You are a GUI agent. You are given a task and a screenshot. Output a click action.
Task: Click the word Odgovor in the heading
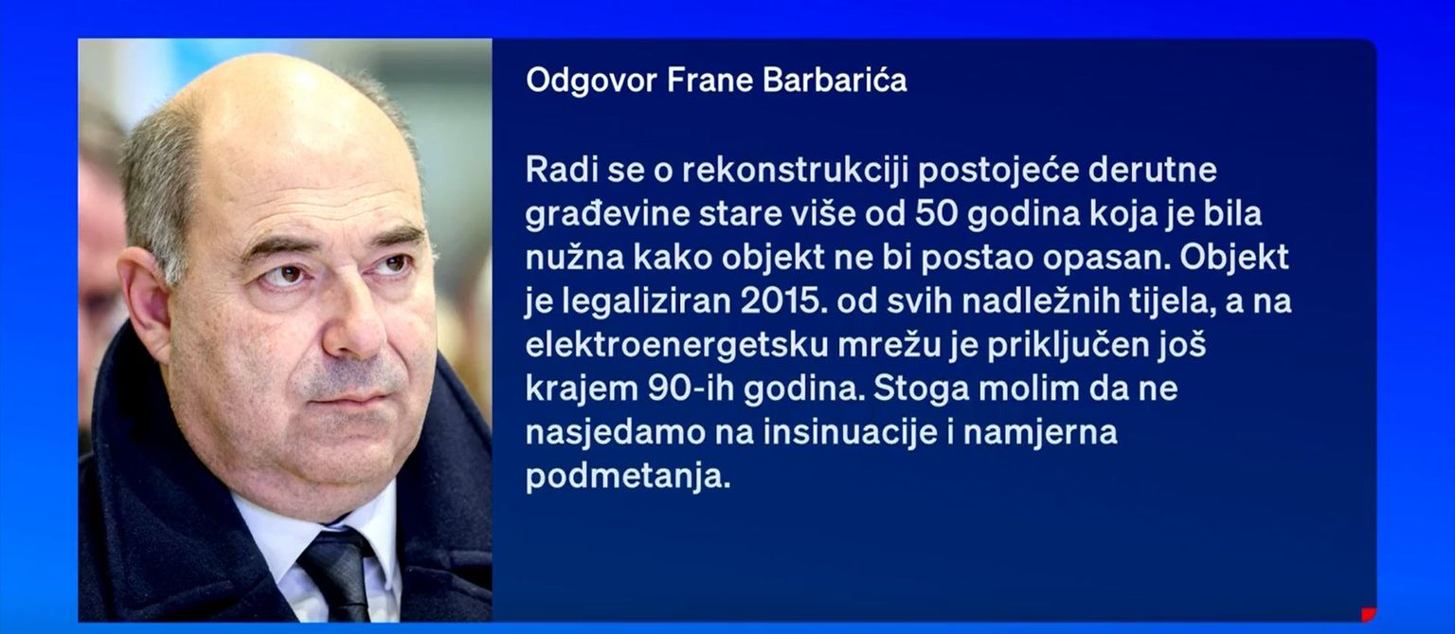[592, 82]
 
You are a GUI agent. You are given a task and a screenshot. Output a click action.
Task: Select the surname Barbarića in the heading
[835, 80]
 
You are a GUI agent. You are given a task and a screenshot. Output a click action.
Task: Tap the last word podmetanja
[628, 478]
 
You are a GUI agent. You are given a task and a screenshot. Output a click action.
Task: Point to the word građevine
[607, 215]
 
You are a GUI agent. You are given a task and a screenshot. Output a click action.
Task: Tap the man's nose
[354, 325]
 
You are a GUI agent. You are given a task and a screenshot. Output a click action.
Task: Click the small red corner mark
[1369, 614]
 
